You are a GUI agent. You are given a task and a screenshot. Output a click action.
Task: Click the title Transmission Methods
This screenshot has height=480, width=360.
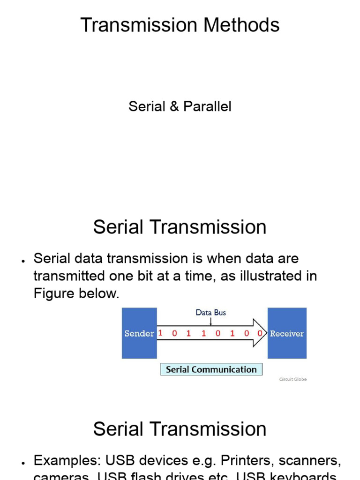180,25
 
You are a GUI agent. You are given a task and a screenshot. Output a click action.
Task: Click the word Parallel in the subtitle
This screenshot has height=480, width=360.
207,106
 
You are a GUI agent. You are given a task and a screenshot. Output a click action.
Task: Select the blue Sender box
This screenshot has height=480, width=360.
139,333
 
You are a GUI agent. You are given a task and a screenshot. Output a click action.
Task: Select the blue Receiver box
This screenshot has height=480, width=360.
287,333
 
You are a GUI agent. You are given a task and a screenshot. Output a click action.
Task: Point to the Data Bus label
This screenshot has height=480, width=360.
210,312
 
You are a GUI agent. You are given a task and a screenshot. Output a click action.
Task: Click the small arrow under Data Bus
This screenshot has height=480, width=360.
210,321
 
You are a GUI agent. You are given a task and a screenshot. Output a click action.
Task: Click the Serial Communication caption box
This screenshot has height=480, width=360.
211,369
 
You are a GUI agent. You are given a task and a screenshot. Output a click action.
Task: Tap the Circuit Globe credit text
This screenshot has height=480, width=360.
293,379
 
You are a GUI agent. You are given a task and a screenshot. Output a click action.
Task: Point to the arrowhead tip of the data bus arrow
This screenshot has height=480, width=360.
265,333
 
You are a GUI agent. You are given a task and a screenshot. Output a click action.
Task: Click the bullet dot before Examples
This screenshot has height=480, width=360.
22,463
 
